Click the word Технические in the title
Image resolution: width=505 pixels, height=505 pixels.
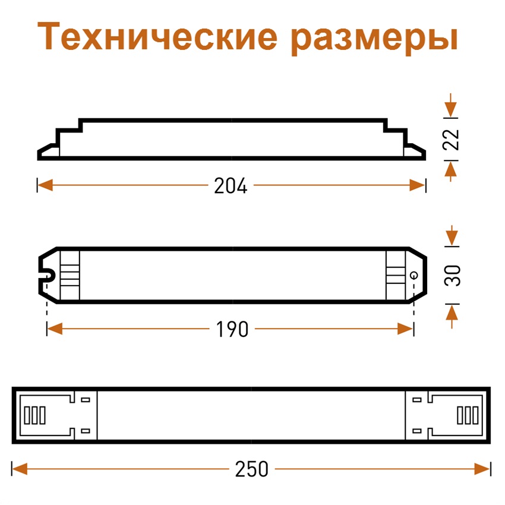click(157, 36)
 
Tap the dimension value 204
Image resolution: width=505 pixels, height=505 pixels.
click(231, 185)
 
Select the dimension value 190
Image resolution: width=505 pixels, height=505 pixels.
click(232, 329)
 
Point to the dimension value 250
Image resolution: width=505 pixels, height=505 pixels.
click(251, 469)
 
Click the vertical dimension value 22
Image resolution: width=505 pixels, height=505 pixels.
click(450, 139)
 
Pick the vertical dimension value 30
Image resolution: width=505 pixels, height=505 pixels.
click(452, 276)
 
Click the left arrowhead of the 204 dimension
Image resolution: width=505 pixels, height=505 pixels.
click(45, 185)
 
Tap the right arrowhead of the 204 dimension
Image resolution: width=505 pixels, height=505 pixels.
click(418, 185)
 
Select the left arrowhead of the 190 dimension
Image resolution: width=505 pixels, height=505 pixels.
click(55, 329)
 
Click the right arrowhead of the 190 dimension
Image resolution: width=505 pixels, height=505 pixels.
click(405, 329)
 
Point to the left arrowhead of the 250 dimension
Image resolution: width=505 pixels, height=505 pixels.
click(20, 469)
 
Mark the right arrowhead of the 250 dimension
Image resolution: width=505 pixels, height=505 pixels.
click(482, 469)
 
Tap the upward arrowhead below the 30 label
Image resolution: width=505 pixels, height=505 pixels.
click(452, 313)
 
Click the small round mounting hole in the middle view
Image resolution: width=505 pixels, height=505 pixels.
click(414, 275)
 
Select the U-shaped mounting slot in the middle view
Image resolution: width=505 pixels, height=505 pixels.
click(48, 275)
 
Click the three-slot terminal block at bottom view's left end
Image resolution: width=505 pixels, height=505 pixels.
click(35, 415)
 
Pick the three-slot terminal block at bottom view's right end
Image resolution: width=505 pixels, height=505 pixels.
click(468, 415)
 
